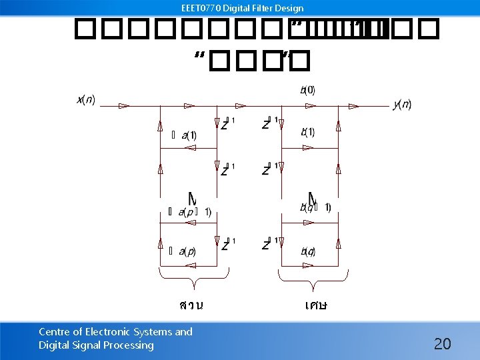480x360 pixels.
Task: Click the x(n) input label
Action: tap(86, 100)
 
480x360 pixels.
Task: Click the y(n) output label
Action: tap(402, 104)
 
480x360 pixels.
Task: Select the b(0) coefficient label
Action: tap(307, 90)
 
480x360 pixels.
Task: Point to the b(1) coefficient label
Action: tap(307, 132)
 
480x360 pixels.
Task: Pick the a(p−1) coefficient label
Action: tap(194, 212)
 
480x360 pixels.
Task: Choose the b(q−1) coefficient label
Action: tap(314, 207)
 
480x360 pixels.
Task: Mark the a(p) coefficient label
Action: tap(187, 251)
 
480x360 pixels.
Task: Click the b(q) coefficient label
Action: tap(307, 251)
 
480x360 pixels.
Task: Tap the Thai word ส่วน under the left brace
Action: tap(191, 305)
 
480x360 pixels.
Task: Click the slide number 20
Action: tap(442, 344)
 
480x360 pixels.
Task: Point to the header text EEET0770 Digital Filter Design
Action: tap(242, 9)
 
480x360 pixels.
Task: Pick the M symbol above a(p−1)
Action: tap(192, 199)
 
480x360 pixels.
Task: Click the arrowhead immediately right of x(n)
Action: tap(123, 105)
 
